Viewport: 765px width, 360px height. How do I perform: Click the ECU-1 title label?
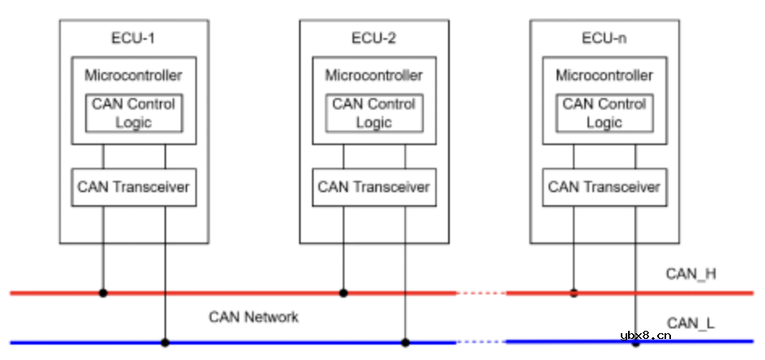point(134,38)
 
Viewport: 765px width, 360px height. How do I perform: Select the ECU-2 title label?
point(374,38)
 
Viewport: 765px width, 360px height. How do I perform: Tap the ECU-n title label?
point(604,38)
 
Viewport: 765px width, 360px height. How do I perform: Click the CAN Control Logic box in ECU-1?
point(134,113)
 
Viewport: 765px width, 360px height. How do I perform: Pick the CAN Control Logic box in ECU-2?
point(374,113)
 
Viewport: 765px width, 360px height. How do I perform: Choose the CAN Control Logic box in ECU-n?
point(604,113)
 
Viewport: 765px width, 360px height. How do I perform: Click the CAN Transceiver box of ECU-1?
point(134,187)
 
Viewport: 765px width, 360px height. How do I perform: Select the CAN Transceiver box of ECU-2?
point(374,187)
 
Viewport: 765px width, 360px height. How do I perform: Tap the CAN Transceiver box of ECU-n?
point(604,187)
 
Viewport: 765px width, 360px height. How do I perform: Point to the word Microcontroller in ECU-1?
point(134,75)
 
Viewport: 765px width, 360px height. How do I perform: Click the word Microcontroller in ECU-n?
point(604,75)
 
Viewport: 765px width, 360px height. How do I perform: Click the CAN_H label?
point(690,274)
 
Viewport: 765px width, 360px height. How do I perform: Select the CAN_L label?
point(690,324)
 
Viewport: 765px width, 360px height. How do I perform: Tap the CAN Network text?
point(254,317)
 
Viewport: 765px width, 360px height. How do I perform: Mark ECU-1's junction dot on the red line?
point(103,293)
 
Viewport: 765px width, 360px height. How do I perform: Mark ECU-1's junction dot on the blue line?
point(165,342)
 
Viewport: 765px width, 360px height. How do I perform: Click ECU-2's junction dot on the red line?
point(343,293)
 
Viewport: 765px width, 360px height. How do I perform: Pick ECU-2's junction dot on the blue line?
point(405,342)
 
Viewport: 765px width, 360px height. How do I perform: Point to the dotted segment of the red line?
point(481,293)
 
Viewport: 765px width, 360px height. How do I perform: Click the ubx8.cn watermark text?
point(645,335)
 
